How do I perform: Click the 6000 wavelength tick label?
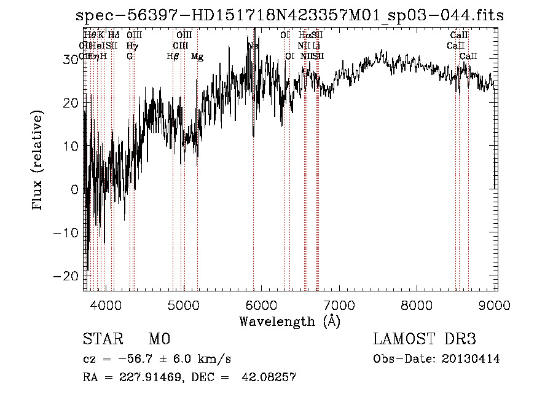coord(262,305)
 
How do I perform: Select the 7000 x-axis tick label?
coord(340,305)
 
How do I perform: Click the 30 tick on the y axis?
coord(73,59)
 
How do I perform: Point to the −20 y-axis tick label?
coord(69,277)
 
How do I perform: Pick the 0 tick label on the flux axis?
coord(76,190)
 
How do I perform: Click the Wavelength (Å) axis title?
coord(289,321)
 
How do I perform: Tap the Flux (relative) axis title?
coord(39,161)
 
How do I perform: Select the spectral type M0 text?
coord(159,339)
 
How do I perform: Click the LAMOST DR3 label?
coord(425,339)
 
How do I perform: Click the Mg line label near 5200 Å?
coord(197,57)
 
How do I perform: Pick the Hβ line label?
coord(173,57)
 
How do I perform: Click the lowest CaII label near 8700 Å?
coord(468,57)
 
